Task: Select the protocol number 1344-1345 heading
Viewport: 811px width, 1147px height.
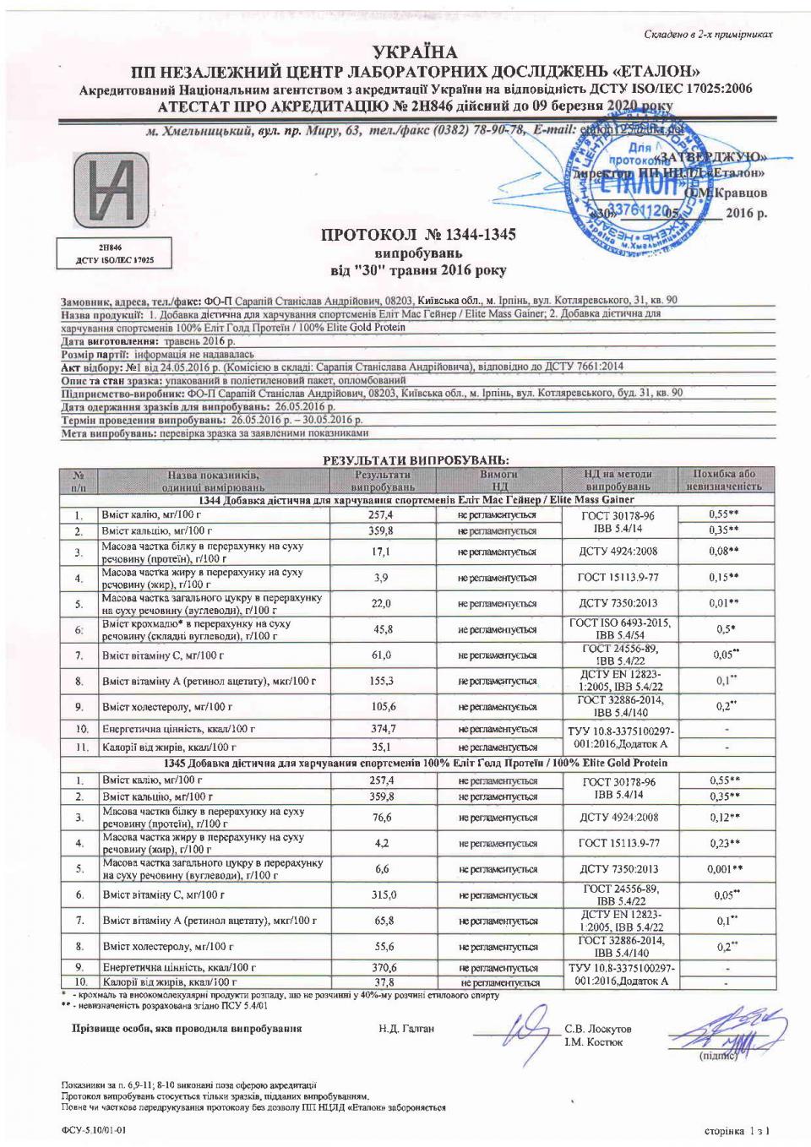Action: pos(418,234)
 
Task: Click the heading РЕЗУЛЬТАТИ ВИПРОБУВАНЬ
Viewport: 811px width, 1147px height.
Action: pos(416,460)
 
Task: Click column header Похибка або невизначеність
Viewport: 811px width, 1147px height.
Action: pos(723,480)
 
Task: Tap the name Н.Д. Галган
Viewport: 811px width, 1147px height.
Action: pos(406,1029)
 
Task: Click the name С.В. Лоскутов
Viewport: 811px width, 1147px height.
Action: pos(597,1029)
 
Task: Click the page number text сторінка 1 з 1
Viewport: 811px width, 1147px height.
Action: pos(737,1130)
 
